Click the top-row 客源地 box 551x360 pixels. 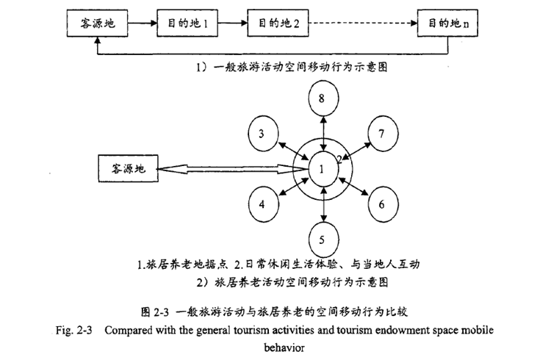click(x=97, y=24)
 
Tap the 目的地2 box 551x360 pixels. click(x=273, y=24)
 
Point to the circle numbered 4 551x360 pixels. click(x=262, y=204)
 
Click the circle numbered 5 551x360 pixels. click(x=322, y=238)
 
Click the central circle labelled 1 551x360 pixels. click(x=322, y=170)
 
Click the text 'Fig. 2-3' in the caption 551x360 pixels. click(x=74, y=330)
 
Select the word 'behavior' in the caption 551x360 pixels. click(x=277, y=346)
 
